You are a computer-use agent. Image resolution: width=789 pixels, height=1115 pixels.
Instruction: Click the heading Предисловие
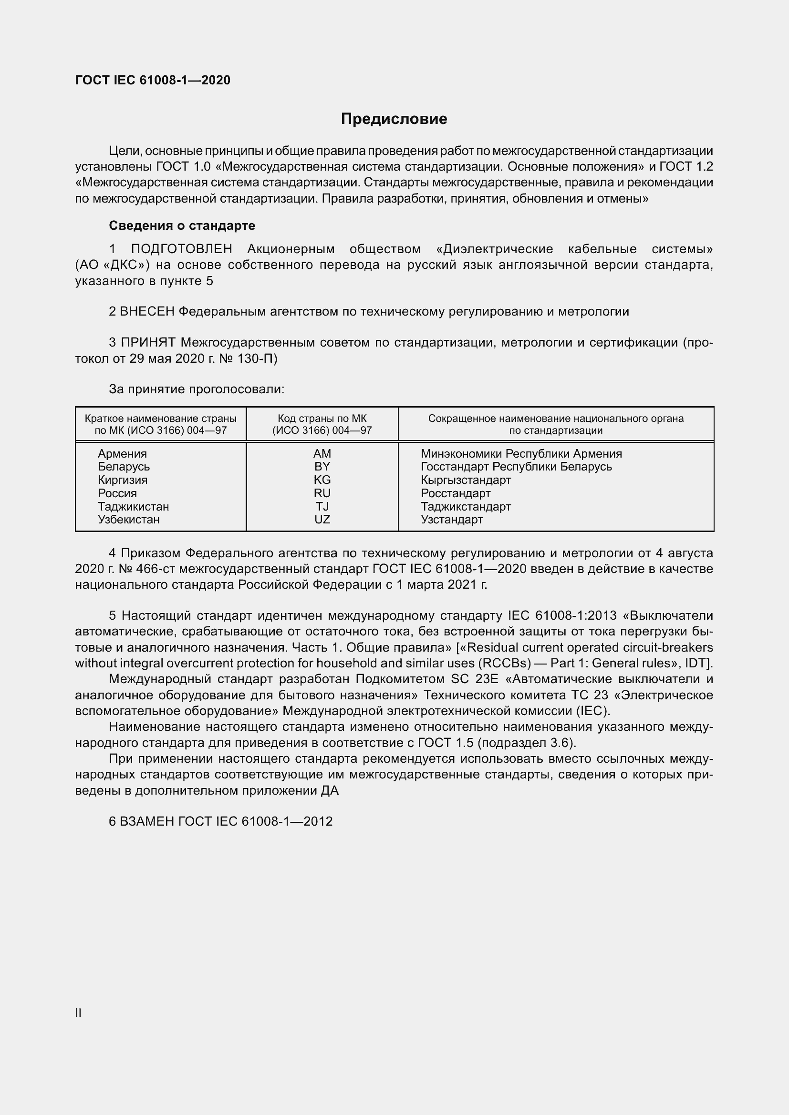394,119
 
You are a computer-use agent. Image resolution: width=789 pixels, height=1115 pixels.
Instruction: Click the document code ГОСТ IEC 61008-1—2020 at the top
153,80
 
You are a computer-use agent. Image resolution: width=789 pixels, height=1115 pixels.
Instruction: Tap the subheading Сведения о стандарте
182,225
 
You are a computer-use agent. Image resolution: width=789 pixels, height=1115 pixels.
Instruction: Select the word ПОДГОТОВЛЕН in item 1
182,249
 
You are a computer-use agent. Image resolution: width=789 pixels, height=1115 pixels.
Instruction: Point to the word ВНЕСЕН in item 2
147,311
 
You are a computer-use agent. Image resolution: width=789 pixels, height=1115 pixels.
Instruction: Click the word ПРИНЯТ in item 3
148,342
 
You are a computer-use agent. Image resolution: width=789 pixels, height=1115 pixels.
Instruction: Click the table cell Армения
122,453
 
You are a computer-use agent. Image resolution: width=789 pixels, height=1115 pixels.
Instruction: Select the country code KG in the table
322,480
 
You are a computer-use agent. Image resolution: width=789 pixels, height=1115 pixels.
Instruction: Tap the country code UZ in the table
322,520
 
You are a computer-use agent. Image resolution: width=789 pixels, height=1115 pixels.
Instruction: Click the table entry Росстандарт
455,493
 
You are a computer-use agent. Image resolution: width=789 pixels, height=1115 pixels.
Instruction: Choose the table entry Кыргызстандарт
466,480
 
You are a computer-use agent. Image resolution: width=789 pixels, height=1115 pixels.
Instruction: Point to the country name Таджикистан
133,507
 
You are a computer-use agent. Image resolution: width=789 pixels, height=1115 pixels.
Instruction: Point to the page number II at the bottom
78,1009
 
